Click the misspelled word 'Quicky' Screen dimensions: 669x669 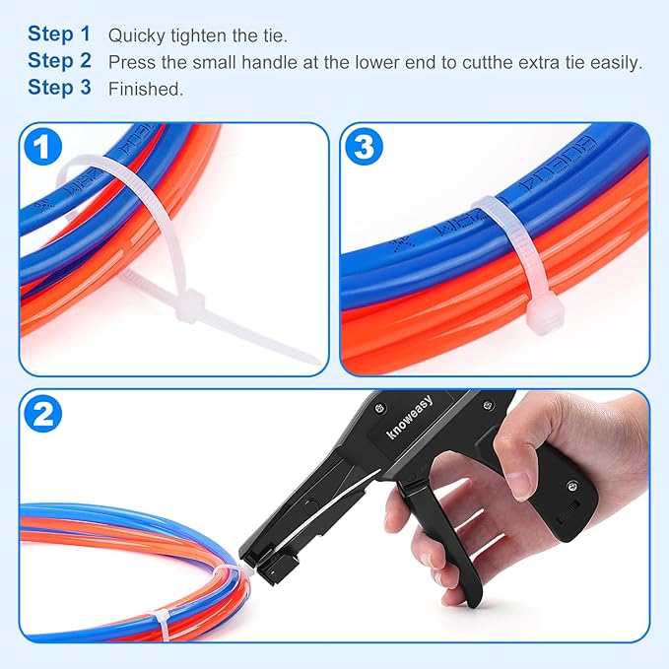pyautogui.click(x=134, y=35)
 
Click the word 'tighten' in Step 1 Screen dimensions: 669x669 pyautogui.click(x=199, y=35)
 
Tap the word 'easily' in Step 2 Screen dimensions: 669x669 pyautogui.click(x=616, y=62)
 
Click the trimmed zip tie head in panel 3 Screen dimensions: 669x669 pyautogui.click(x=542, y=317)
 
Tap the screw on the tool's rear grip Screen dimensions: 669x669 pyautogui.click(x=570, y=485)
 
